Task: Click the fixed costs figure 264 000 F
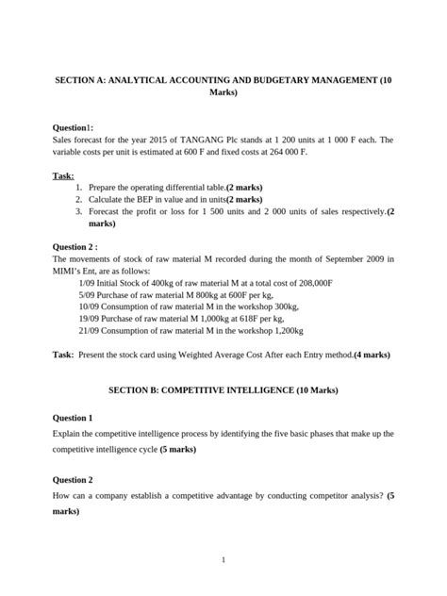293,151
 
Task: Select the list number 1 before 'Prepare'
78,188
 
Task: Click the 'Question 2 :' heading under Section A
75,247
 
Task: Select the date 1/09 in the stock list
90,283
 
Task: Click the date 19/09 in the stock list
91,318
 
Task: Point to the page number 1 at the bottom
223,559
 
